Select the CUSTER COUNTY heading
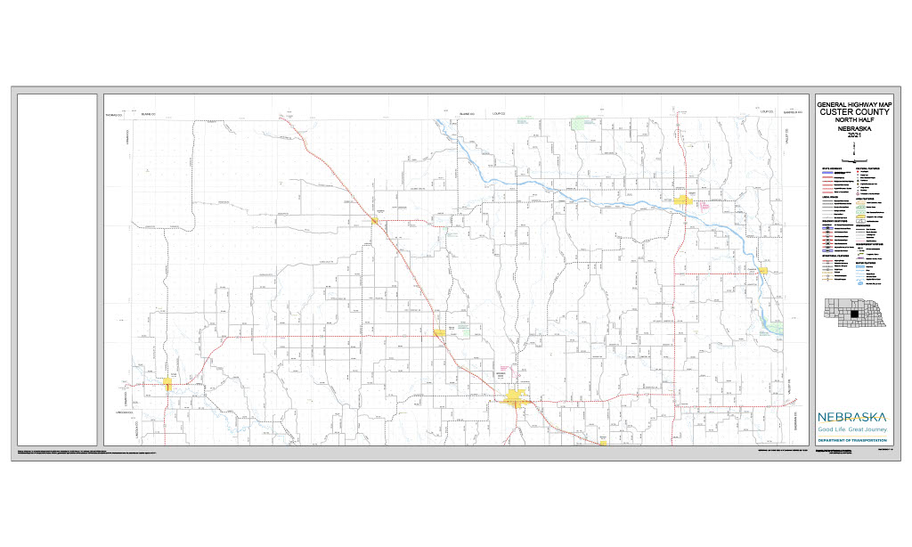coord(853,112)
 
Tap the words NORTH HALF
coord(853,120)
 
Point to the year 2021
coord(853,135)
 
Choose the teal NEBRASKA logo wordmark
coord(853,417)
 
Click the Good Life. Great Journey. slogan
coord(853,429)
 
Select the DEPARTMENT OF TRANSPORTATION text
coord(853,441)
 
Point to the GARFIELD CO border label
coord(794,113)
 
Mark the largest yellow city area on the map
coord(517,396)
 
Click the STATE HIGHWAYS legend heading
coord(832,167)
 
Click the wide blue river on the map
coord(570,195)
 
